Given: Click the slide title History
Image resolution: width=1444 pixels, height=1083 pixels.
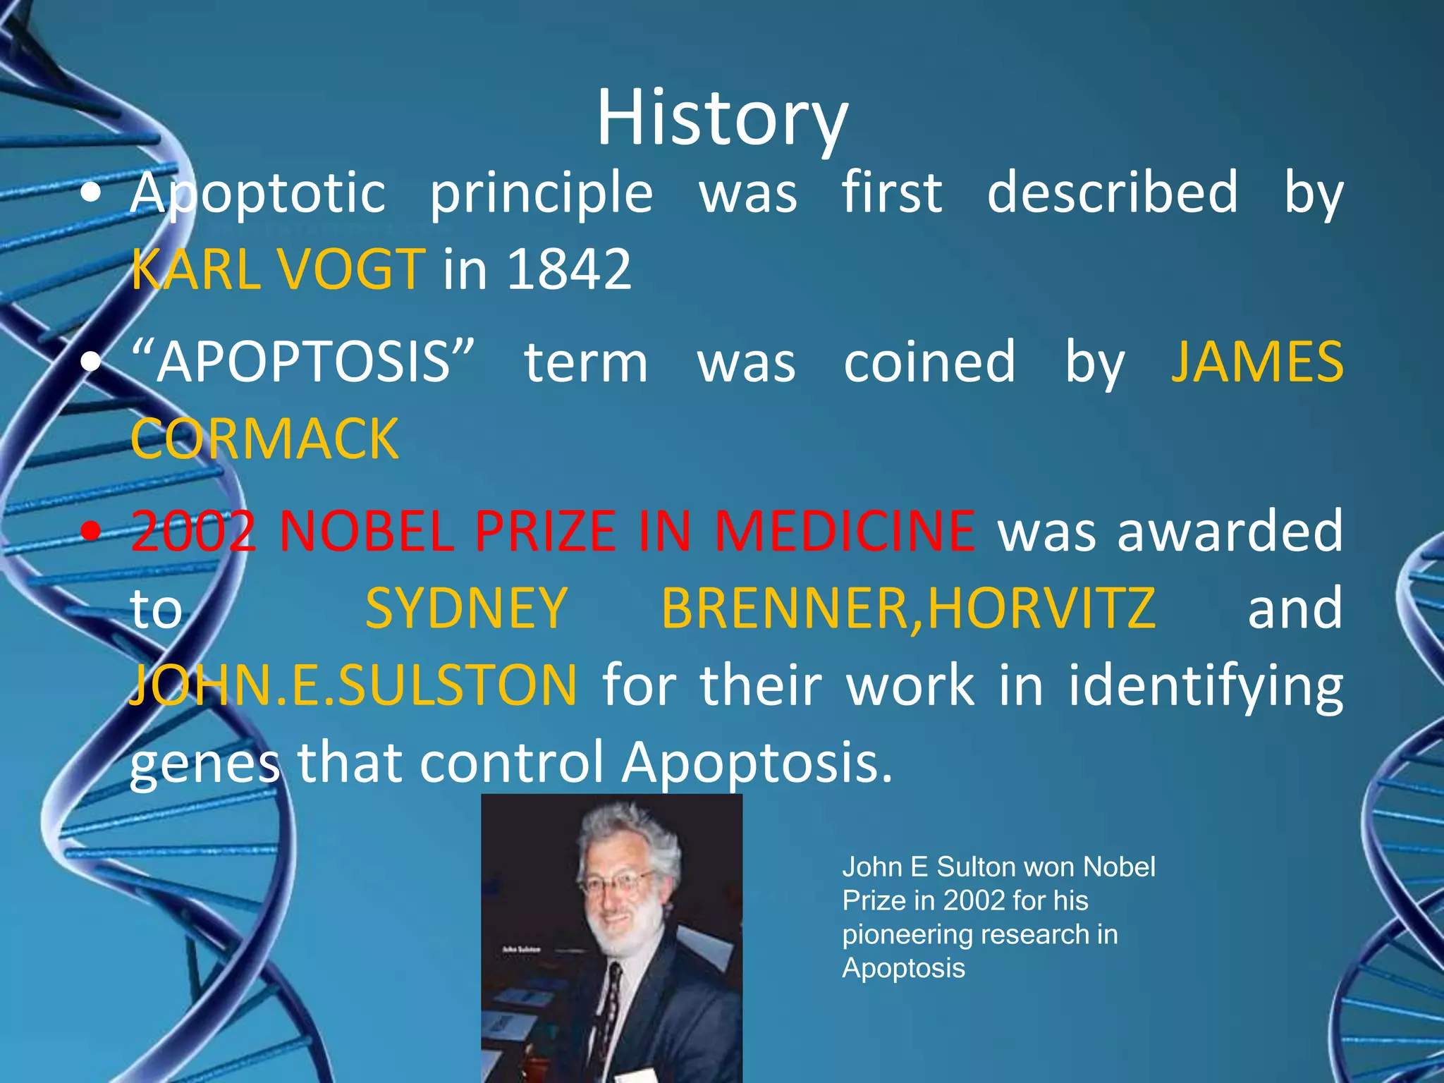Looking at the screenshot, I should coord(722,118).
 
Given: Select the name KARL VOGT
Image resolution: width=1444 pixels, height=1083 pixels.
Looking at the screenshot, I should coord(278,269).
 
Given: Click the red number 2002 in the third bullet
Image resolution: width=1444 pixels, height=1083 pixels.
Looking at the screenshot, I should coord(193,531).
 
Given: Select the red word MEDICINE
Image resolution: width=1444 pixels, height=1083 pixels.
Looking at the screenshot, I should coord(844,531).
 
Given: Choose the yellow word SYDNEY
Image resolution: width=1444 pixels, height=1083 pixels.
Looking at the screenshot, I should coord(466,608).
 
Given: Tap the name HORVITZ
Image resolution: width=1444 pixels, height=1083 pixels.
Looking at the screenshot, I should coord(1041,608).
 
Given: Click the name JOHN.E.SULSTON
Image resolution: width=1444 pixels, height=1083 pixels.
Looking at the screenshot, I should coord(353,685).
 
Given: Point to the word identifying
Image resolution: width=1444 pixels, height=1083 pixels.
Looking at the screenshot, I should coord(1205,685).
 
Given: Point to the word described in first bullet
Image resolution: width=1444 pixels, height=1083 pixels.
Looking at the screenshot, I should coord(1112,192).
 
